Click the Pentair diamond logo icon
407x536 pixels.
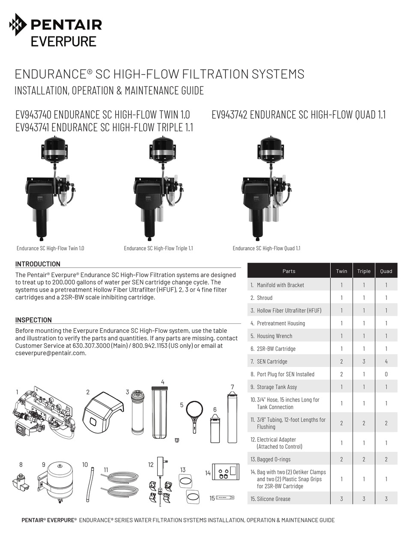point(18,24)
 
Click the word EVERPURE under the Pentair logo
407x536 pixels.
point(63,41)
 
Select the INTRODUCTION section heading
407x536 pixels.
point(38,264)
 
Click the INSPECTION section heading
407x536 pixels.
point(33,320)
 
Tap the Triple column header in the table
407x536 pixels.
point(364,271)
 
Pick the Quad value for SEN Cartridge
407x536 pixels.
point(386,361)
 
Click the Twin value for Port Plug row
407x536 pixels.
point(341,374)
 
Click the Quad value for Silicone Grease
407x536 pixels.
point(386,499)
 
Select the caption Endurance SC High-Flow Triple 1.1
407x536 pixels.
point(158,248)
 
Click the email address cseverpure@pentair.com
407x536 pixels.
point(51,353)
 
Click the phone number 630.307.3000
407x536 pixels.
point(90,346)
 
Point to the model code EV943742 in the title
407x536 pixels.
point(229,115)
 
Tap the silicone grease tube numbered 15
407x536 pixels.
point(224,498)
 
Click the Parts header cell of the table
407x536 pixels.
point(289,271)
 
